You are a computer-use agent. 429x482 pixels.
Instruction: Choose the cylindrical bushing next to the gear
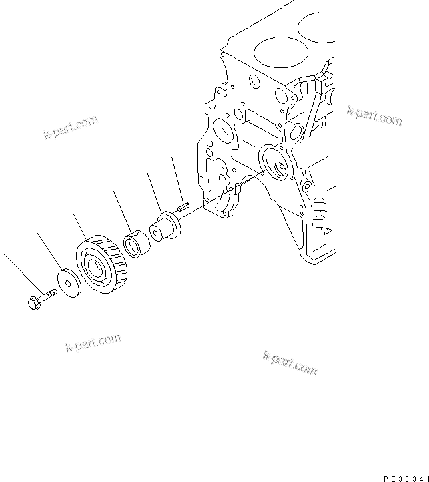(x=138, y=243)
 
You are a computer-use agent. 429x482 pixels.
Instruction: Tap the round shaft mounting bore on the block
(x=275, y=164)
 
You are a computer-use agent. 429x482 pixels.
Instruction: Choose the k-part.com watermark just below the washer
(x=93, y=343)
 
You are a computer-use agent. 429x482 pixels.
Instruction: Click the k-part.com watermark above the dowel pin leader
(x=70, y=127)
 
